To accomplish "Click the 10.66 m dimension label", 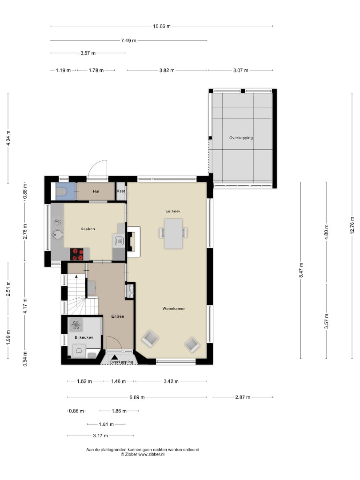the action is tap(162, 26).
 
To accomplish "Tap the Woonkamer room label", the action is tap(174, 308).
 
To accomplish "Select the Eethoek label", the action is tap(173, 211).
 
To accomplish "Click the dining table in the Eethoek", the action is tap(173, 233).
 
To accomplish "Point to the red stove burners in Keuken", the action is tap(77, 254).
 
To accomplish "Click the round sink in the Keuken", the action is tap(57, 235).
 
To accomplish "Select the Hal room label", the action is tap(96, 191).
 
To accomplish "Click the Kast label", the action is tap(121, 191).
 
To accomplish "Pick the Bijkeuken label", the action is tap(84, 337).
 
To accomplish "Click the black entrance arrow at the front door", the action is tap(115, 357).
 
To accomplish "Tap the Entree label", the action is tap(117, 316).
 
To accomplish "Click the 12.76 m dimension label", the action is tap(352, 225).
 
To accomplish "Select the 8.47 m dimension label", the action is tap(301, 271).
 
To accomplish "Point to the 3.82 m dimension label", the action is tap(167, 70).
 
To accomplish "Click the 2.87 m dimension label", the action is tap(243, 397).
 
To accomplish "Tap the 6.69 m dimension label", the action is tap(137, 397).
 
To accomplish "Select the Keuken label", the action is tap(88, 229).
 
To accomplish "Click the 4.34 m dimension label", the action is tap(8, 138).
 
